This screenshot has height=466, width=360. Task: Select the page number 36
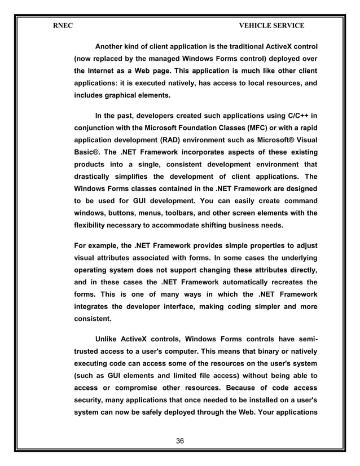click(180, 440)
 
